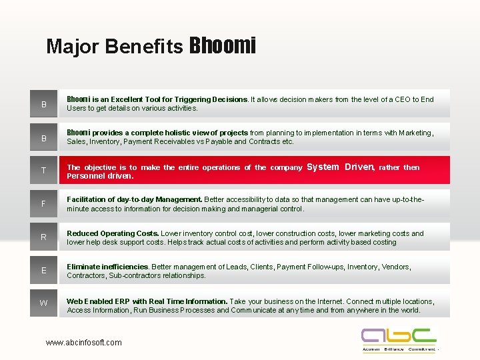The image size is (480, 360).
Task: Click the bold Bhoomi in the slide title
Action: coord(223,45)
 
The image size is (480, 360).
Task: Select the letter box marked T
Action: coord(44,171)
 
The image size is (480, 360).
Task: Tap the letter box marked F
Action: coord(44,204)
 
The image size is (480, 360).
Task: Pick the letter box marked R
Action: coord(44,237)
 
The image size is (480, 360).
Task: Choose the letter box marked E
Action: coord(44,271)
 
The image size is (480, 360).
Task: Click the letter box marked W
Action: coord(44,304)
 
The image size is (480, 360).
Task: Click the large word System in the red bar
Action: coord(323,167)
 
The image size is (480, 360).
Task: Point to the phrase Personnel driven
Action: coord(100,177)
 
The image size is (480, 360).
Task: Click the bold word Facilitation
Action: coord(90,199)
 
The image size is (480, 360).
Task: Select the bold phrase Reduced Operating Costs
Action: coord(113,233)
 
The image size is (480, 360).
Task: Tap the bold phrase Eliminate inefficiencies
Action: coord(108,267)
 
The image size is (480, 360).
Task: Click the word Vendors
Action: coord(396,267)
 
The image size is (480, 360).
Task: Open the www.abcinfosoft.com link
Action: coord(84,343)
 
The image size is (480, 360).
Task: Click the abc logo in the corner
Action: coord(399,339)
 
